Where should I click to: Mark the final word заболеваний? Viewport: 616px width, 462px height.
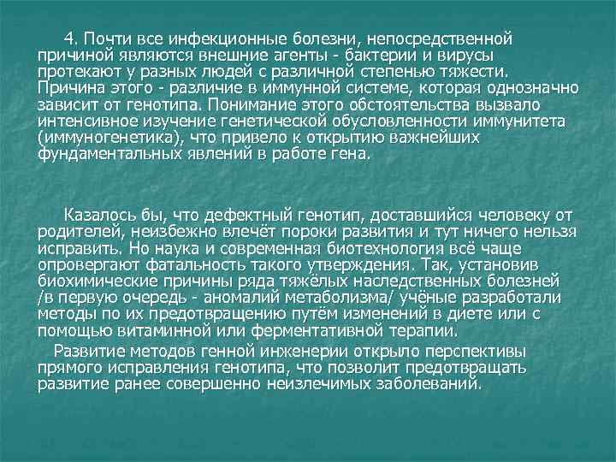[x=420, y=384]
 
